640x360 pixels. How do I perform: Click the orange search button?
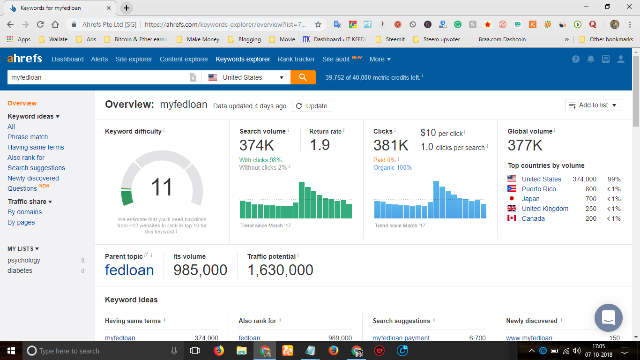click(x=303, y=77)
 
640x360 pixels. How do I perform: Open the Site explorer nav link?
click(x=134, y=59)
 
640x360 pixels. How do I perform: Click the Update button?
click(x=312, y=106)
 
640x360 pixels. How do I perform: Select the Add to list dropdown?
click(x=593, y=105)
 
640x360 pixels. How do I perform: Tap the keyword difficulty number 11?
click(x=162, y=187)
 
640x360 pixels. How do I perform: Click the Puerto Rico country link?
click(x=539, y=189)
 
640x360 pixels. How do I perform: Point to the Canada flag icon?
click(x=512, y=218)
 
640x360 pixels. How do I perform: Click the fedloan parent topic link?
click(x=129, y=270)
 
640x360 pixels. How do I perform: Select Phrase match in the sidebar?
click(x=28, y=137)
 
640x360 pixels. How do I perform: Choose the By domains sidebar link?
click(x=24, y=212)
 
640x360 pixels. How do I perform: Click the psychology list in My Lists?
click(x=24, y=260)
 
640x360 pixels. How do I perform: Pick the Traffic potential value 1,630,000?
click(x=280, y=270)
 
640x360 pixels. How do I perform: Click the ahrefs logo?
click(x=25, y=59)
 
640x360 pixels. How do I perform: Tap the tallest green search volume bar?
click(x=302, y=200)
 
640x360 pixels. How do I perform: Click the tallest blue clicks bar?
click(x=436, y=200)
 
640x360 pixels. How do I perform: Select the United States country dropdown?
click(x=246, y=77)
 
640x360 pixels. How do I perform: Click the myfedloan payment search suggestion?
click(x=401, y=338)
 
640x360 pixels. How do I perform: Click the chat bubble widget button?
click(x=608, y=318)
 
